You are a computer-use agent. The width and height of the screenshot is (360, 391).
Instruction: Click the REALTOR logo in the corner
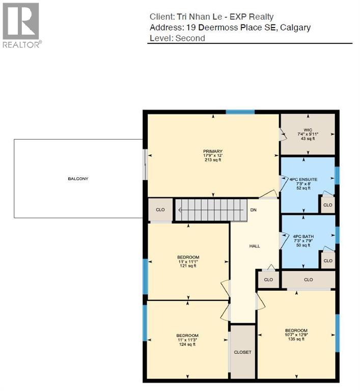tap(21, 25)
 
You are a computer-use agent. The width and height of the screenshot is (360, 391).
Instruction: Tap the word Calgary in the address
tap(294, 27)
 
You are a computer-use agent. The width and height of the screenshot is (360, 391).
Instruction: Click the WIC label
tap(307, 130)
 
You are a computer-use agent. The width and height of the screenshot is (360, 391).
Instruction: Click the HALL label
tap(255, 246)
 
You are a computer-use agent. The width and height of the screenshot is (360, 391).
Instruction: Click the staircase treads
tap(211, 210)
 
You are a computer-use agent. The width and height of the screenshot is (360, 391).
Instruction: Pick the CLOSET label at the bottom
tap(242, 352)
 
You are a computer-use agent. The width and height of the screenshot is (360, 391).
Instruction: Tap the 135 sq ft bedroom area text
tap(296, 339)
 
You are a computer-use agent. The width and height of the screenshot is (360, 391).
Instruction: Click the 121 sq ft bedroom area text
tap(188, 266)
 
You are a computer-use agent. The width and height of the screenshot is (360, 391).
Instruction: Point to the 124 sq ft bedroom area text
tap(187, 345)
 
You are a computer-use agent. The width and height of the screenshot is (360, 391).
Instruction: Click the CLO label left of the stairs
tap(160, 209)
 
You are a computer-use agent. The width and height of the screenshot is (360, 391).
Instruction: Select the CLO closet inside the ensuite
tap(327, 205)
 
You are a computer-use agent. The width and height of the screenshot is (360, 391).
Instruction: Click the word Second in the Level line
tap(191, 38)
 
